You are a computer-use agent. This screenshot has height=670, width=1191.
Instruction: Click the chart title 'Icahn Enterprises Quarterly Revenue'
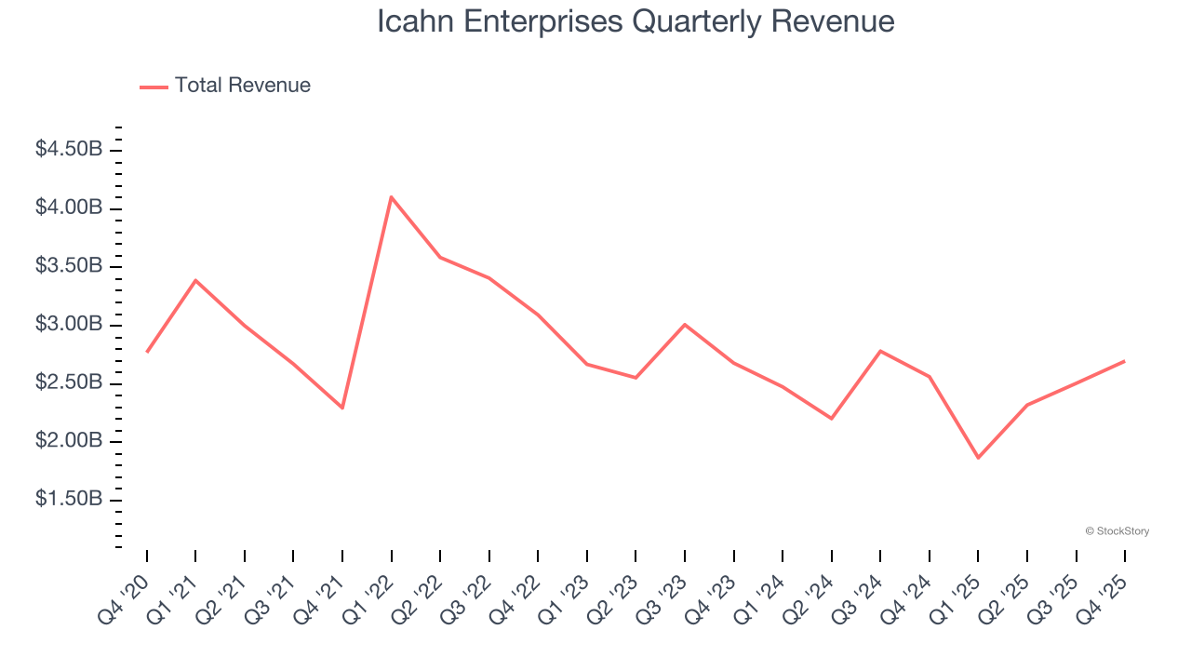click(x=636, y=21)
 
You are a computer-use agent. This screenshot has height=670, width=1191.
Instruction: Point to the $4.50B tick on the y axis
click(x=69, y=149)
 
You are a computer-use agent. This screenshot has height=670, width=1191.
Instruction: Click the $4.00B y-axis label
click(x=69, y=208)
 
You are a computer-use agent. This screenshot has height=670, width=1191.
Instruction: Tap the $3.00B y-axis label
click(x=69, y=325)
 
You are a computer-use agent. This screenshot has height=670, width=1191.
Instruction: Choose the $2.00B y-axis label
click(x=69, y=441)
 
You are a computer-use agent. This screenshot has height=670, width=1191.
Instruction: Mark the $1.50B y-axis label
click(x=69, y=500)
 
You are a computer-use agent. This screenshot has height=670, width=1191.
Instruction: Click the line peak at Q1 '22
click(x=391, y=196)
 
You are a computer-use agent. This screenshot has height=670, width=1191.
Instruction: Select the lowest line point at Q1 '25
click(x=978, y=458)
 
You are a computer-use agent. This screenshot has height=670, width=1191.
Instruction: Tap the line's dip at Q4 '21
click(x=342, y=408)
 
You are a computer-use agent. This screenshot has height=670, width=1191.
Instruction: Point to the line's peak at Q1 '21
click(x=195, y=280)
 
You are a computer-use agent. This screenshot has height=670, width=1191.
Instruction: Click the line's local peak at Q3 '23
click(x=685, y=324)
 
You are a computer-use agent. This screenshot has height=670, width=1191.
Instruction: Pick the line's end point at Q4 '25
click(x=1124, y=361)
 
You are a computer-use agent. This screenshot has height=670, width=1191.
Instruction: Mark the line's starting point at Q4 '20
click(x=147, y=352)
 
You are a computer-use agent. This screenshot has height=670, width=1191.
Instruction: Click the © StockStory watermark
click(x=1117, y=531)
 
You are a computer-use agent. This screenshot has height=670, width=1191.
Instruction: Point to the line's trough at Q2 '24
click(x=831, y=419)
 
